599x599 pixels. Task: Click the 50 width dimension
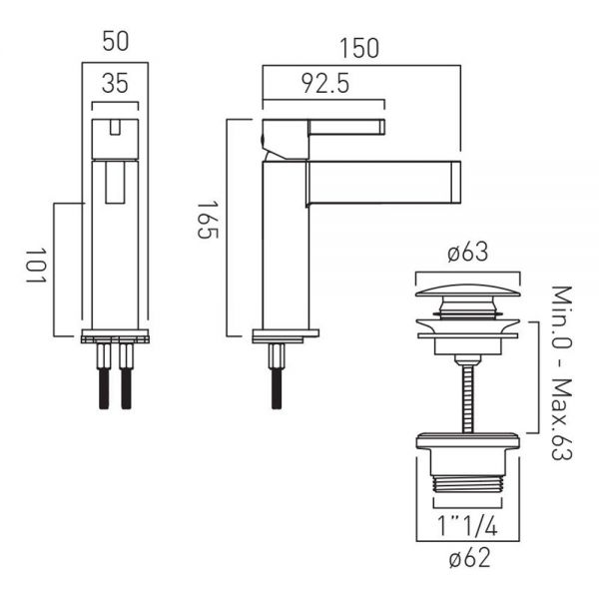click(116, 42)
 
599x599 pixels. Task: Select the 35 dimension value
click(115, 84)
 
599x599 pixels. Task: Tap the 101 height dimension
click(36, 266)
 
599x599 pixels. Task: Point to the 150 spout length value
click(359, 49)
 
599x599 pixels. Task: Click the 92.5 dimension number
click(325, 84)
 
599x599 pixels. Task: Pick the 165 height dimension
click(207, 220)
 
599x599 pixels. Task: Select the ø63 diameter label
click(468, 253)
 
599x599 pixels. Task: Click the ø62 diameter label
click(469, 558)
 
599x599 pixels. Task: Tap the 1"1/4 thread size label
click(467, 527)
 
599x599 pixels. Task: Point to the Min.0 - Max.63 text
click(562, 372)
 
